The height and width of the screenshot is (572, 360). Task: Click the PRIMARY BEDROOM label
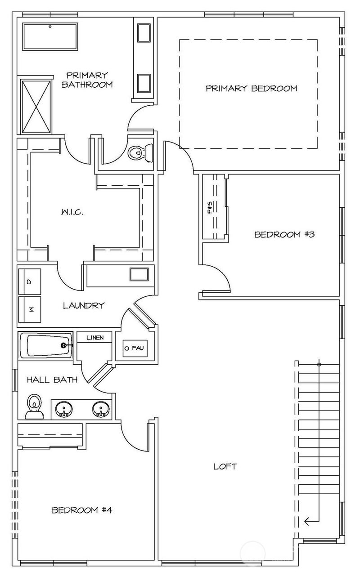coord(252,88)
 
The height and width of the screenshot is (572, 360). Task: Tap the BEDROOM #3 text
coord(284,234)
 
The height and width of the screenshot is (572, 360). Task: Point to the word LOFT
coord(225,466)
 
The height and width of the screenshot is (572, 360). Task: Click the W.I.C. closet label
coord(72,212)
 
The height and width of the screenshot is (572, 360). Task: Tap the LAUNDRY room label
coord(84,305)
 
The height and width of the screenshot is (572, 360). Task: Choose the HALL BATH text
coord(52,380)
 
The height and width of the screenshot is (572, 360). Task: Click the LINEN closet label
coord(95,338)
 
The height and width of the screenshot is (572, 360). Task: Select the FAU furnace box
coord(135,348)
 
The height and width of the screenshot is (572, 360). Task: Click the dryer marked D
coord(30,282)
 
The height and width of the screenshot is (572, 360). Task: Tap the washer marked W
coord(30,309)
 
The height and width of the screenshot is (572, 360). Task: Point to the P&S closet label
coord(210,207)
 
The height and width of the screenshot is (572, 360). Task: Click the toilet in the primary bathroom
coord(140,153)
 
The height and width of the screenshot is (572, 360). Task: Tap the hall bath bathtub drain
coord(63,345)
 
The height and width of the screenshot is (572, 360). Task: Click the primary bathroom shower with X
coord(36,107)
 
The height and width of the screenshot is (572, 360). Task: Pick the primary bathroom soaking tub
coord(50,36)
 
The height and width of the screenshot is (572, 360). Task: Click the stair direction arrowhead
coord(307,521)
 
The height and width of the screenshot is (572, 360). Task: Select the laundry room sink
coord(139,274)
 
